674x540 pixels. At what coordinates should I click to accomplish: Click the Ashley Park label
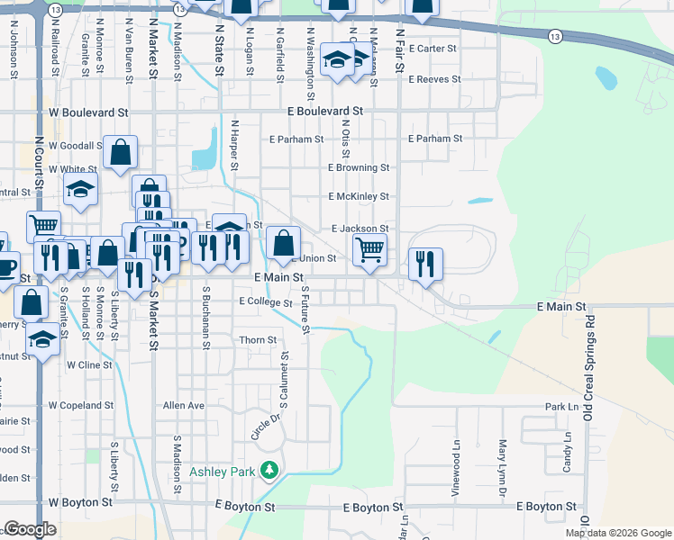[222, 471]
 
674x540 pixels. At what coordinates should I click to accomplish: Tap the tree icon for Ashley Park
[269, 470]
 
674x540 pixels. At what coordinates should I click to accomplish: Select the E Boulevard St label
[324, 111]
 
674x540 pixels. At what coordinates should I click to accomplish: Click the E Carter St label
[433, 49]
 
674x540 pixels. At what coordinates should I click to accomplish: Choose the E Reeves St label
[434, 79]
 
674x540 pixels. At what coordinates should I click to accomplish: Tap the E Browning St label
[358, 167]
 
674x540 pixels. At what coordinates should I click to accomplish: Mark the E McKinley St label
[358, 196]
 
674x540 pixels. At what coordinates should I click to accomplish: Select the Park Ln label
[567, 407]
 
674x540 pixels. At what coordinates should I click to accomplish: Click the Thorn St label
[258, 340]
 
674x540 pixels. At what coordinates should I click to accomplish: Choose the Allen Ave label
[184, 406]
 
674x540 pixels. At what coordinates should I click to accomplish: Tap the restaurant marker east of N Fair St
[425, 263]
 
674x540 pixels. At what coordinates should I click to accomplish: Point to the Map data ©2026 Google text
[617, 533]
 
